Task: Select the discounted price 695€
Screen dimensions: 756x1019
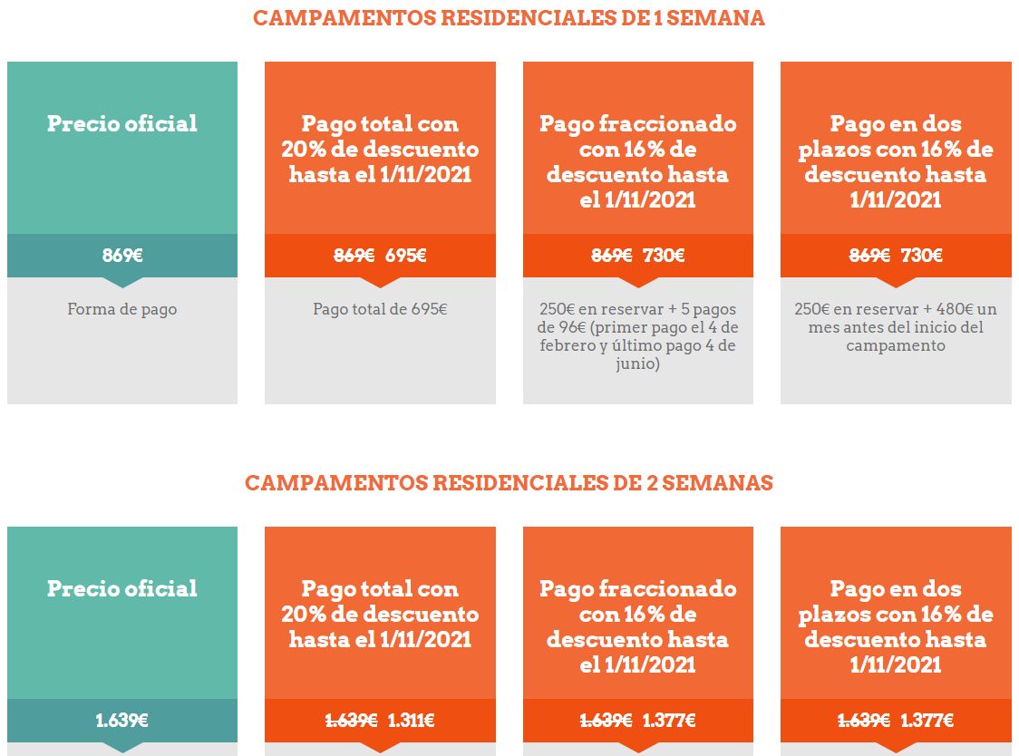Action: (405, 256)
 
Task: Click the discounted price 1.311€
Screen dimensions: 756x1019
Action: (411, 721)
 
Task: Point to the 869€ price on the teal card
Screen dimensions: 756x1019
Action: (122, 256)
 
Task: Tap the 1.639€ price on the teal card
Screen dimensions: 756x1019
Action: (122, 721)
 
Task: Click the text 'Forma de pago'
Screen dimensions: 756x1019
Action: (122, 309)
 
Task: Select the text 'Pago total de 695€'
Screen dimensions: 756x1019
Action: (380, 309)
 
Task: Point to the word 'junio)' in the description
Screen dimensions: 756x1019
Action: (637, 363)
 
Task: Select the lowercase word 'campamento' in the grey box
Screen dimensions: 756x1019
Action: (896, 345)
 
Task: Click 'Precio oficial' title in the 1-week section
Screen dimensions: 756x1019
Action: (122, 123)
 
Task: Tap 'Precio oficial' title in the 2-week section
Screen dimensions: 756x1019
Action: (122, 588)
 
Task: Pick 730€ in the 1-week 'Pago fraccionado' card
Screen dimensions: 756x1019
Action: (664, 256)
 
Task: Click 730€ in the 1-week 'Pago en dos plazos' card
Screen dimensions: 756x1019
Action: (921, 256)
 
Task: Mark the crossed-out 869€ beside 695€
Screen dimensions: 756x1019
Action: (354, 256)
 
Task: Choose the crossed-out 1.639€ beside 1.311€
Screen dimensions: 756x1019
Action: (352, 721)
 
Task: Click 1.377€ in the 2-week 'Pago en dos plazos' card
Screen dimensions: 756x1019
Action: (927, 721)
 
